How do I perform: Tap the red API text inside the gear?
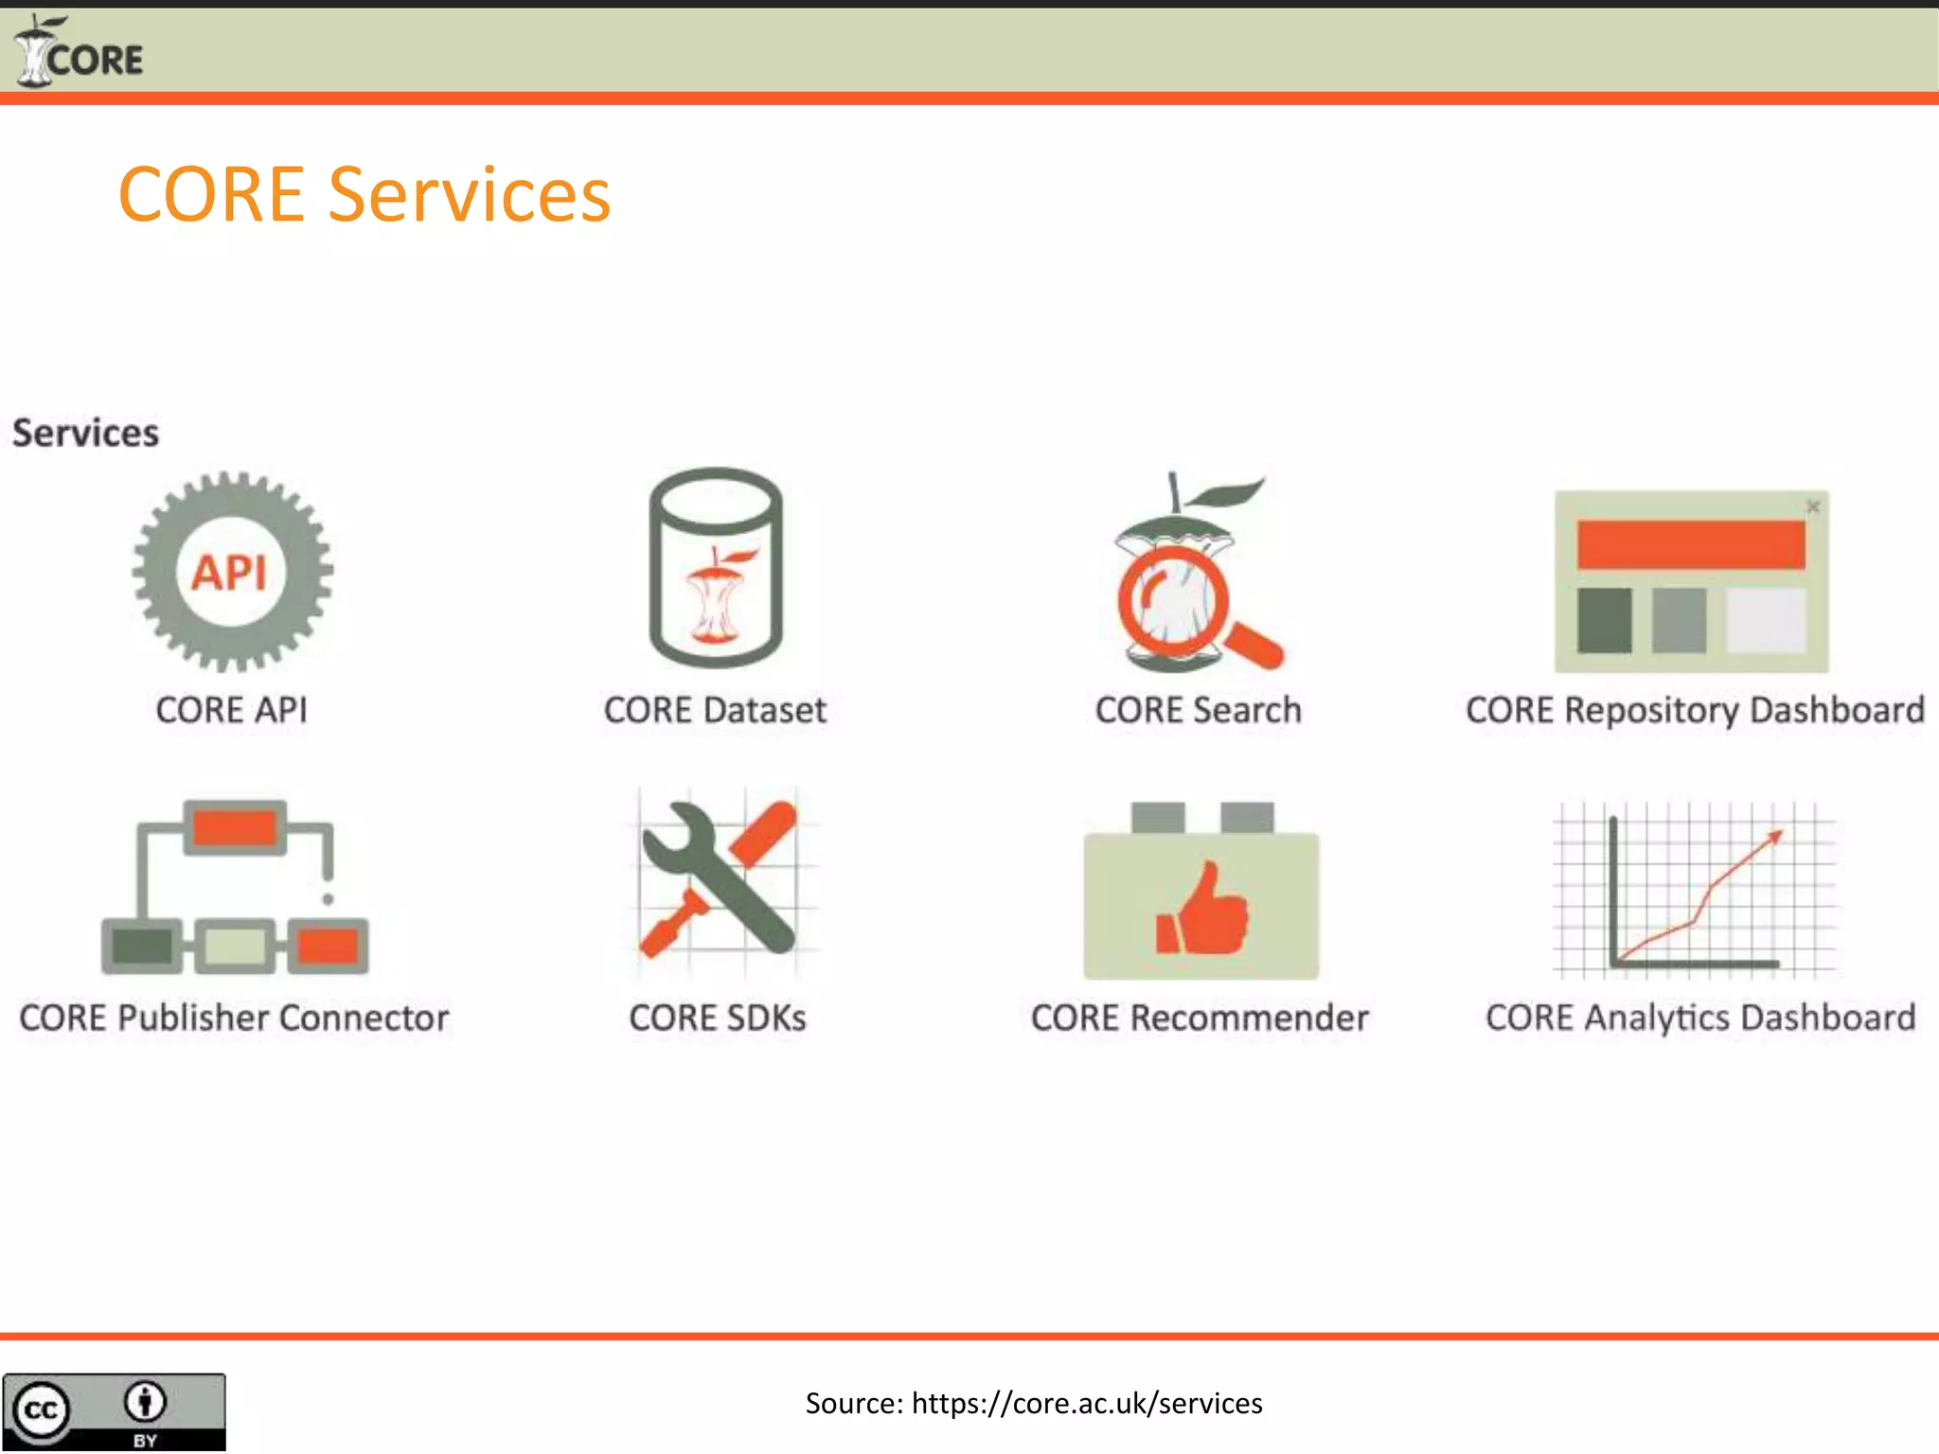point(230,573)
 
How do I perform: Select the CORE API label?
point(231,710)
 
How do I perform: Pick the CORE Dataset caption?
point(715,710)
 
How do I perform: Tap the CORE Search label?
point(1198,710)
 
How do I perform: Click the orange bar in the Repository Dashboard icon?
point(1691,544)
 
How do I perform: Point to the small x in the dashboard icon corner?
point(1812,506)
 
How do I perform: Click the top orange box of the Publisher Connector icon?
point(235,826)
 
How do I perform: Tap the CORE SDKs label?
point(717,1018)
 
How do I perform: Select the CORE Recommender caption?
point(1200,1018)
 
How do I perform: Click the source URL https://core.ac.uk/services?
point(1087,1403)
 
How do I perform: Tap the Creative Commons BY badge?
point(114,1411)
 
